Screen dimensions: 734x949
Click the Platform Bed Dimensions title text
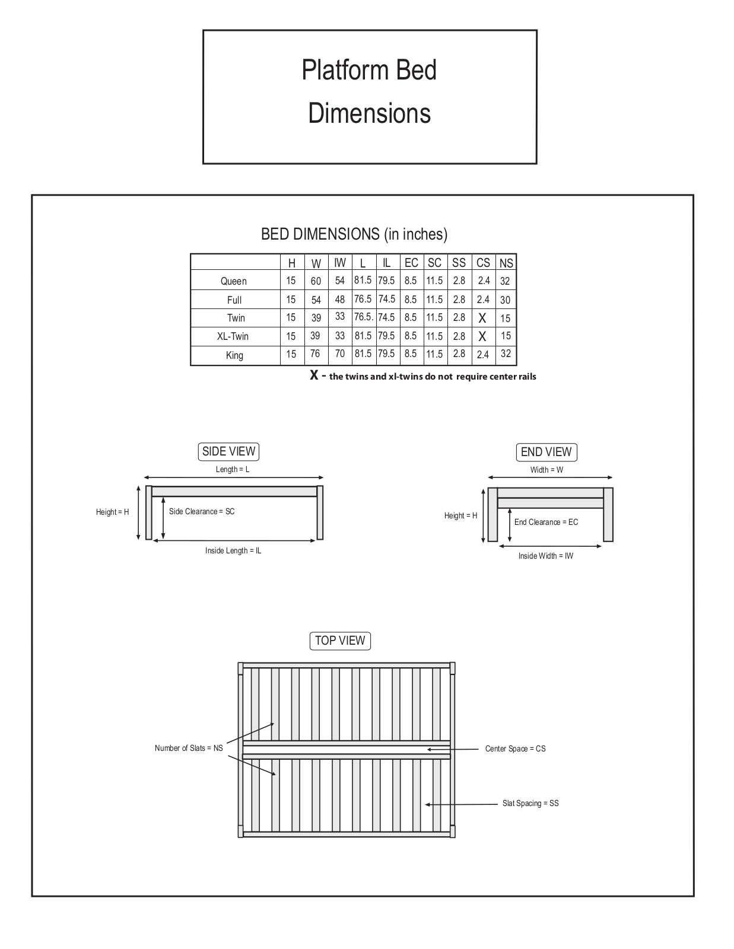click(x=369, y=91)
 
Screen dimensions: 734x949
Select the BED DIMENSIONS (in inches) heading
click(x=354, y=234)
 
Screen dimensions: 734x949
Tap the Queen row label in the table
click(x=234, y=281)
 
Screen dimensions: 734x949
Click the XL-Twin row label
click(x=233, y=336)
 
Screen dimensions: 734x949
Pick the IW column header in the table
click(x=340, y=263)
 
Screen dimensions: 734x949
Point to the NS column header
click(x=506, y=263)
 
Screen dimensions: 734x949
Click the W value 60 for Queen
click(x=316, y=281)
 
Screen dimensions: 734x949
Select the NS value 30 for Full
click(x=505, y=300)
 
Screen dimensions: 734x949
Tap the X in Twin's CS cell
click(x=482, y=319)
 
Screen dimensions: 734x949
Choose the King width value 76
click(x=315, y=354)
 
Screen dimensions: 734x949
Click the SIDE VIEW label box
click(x=228, y=451)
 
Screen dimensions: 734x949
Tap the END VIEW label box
click(x=546, y=452)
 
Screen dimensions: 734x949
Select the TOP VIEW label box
click(x=340, y=641)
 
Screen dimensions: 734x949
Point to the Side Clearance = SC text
click(x=202, y=511)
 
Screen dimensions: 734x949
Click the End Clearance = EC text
click(x=546, y=522)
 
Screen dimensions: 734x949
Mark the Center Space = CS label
click(x=516, y=749)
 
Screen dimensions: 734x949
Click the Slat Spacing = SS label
click(x=530, y=803)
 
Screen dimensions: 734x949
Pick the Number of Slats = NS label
click(x=189, y=748)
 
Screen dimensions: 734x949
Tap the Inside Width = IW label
click(x=546, y=556)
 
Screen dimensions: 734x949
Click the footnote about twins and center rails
click(x=423, y=376)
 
